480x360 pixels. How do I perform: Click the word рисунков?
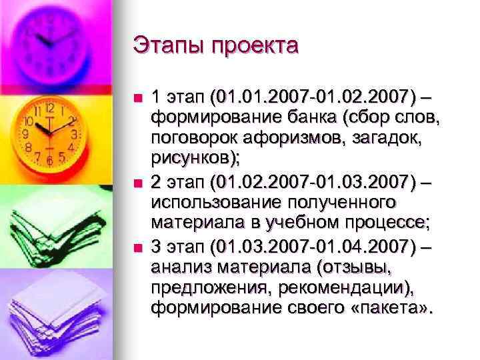point(192,157)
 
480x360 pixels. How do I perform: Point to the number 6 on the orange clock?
point(49,160)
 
